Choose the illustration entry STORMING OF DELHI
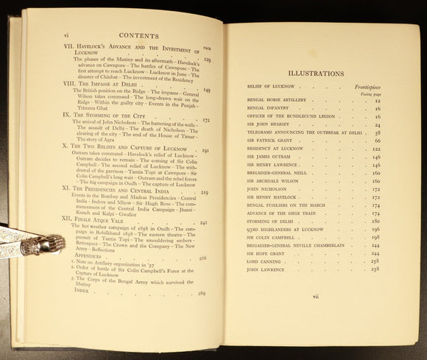[269, 219]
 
